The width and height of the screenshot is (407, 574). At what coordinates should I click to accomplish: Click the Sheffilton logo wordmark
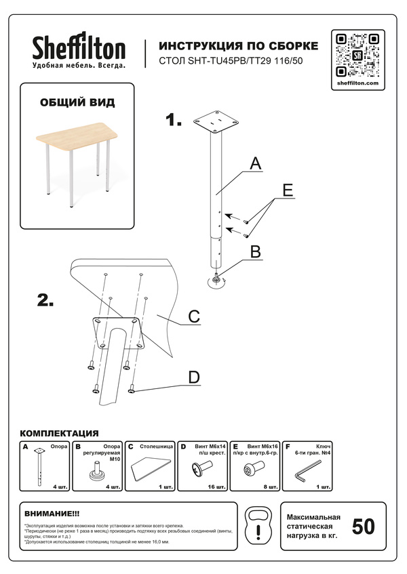point(79,48)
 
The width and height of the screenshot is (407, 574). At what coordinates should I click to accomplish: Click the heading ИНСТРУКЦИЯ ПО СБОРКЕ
point(237,46)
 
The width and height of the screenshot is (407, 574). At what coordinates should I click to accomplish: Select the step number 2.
point(45,301)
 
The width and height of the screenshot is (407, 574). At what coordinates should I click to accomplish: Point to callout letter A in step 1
point(255,163)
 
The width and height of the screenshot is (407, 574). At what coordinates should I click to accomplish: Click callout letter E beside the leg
point(288,191)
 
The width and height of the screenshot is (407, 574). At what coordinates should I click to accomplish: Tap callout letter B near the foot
point(256,251)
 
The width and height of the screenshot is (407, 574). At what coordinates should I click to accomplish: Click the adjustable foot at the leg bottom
point(218,279)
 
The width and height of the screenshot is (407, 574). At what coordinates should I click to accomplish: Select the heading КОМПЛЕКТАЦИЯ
point(60,432)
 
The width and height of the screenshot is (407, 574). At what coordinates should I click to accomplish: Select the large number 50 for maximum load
point(363,527)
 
